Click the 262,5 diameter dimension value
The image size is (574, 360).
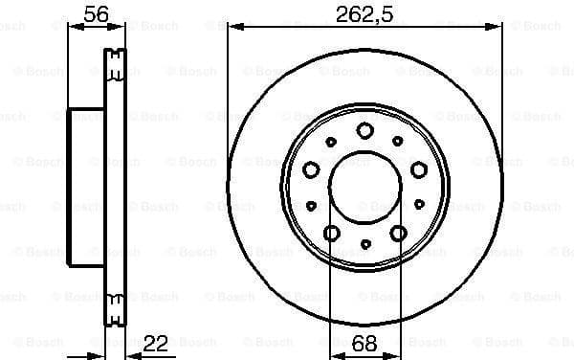364,13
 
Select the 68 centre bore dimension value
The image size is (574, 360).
364,342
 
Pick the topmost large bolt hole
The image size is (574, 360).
364,130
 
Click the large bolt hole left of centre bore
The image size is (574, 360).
311,169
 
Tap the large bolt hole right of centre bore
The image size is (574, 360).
418,169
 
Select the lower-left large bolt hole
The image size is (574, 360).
332,233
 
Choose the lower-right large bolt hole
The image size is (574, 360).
397,233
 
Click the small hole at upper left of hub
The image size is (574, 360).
330,141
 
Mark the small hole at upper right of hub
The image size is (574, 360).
399,141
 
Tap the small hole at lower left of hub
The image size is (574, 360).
311,205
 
